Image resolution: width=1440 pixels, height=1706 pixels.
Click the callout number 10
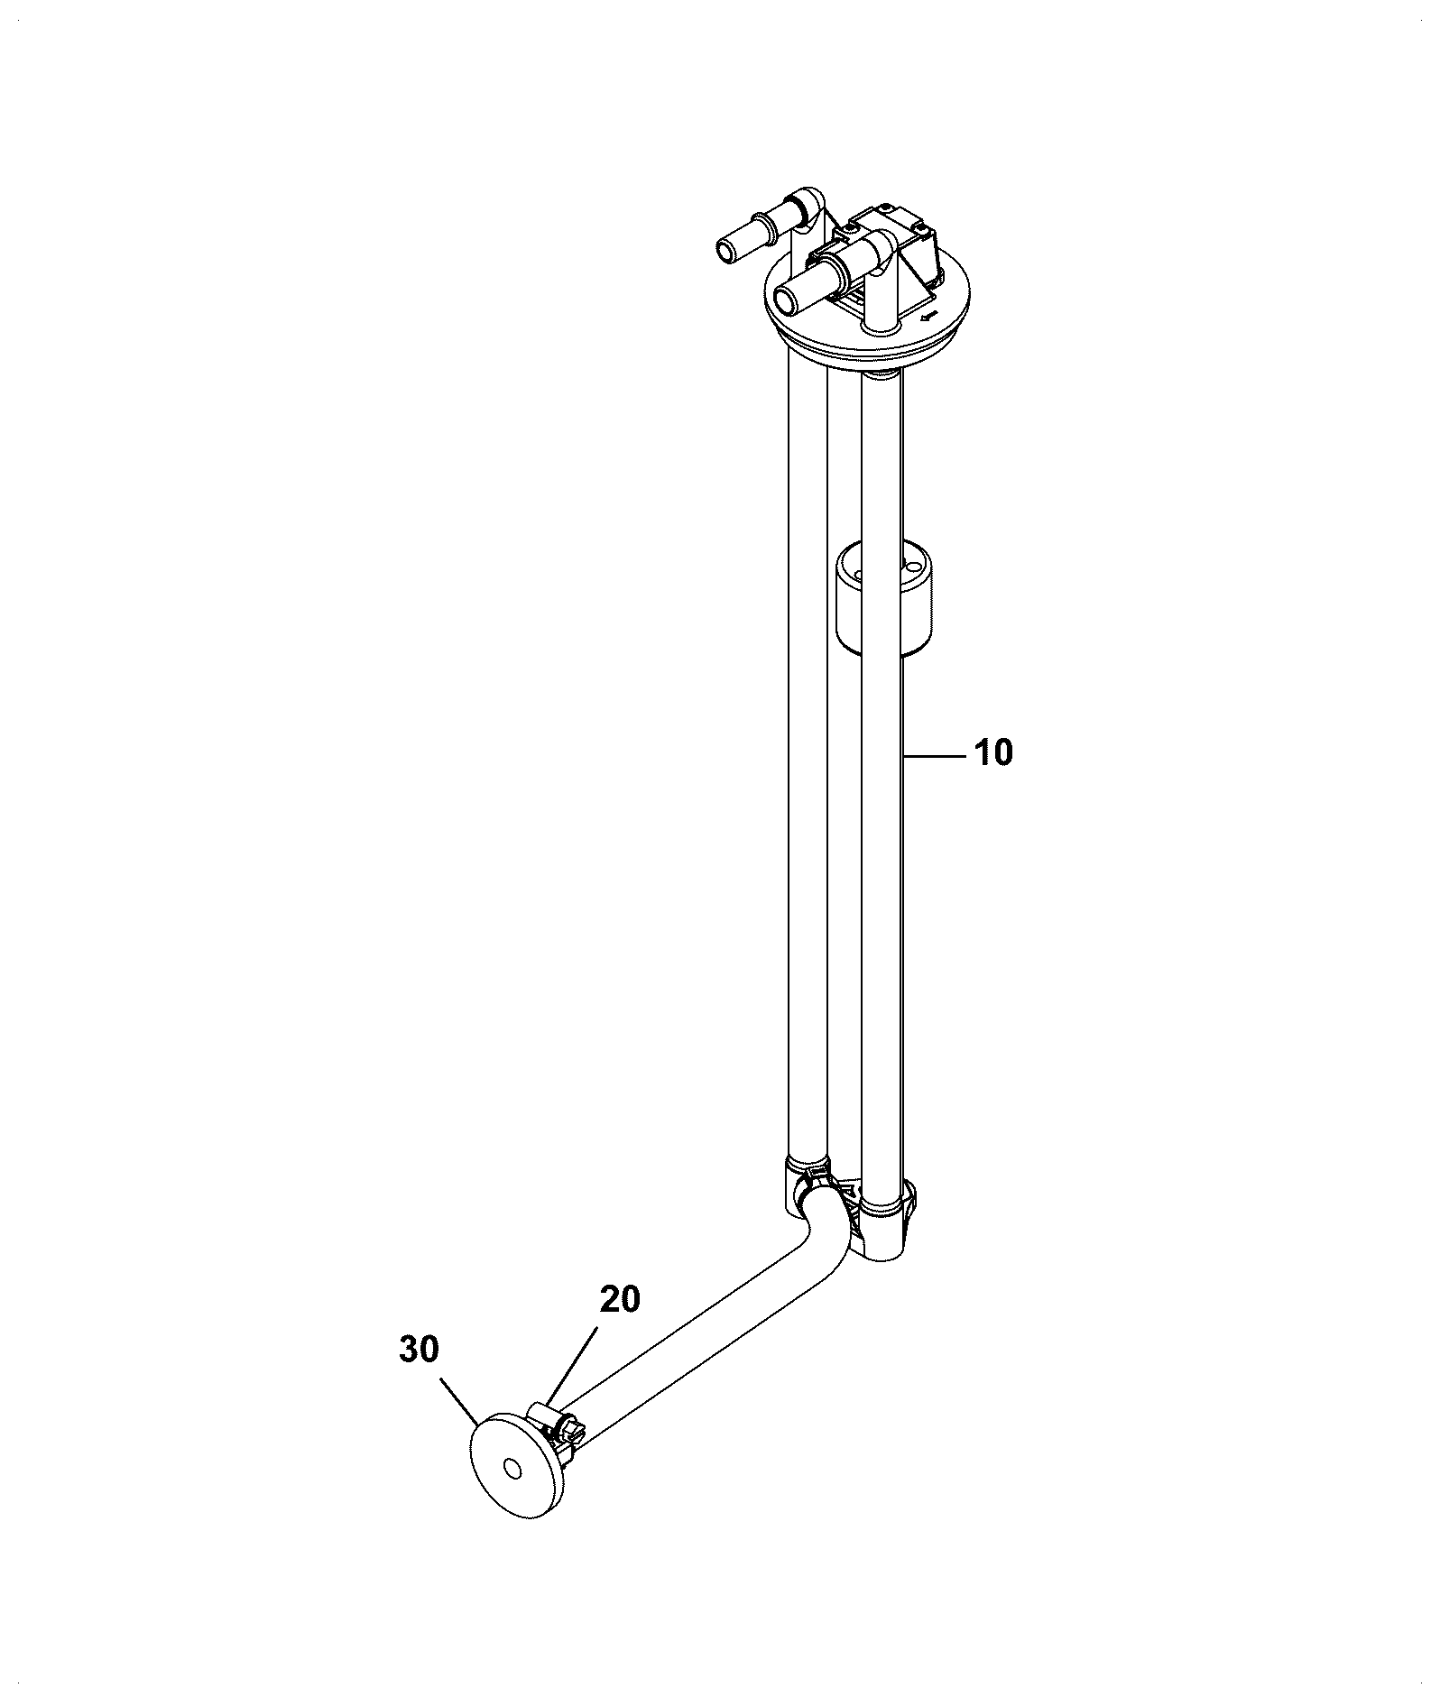click(993, 752)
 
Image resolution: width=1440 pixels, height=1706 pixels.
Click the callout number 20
click(620, 1299)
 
